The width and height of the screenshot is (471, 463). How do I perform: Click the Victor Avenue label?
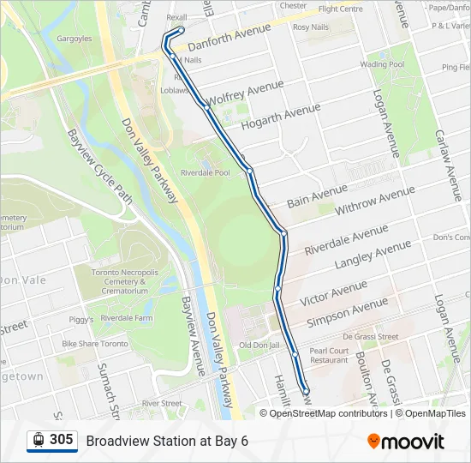coord(333,292)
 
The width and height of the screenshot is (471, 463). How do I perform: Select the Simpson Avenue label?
coord(347,311)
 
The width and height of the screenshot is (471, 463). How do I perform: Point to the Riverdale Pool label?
coord(205,173)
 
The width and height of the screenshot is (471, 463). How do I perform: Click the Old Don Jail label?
coord(259,345)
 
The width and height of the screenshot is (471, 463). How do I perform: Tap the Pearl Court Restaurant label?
coord(330,355)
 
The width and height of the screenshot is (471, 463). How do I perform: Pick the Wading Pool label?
coord(382,64)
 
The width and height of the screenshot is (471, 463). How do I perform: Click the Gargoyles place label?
coord(75,39)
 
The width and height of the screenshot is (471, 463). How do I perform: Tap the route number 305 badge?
coord(61,440)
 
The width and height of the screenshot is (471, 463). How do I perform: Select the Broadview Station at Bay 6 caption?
coord(167,441)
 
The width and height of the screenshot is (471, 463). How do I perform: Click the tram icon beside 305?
coord(39,440)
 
